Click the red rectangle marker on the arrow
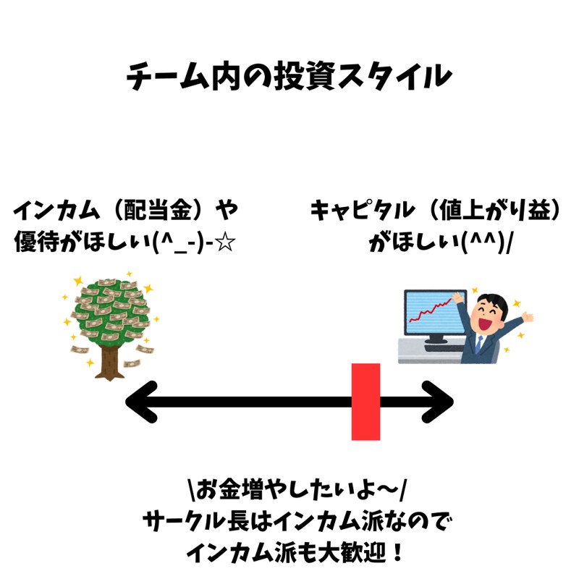tap(365, 402)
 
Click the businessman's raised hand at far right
tap(528, 317)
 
